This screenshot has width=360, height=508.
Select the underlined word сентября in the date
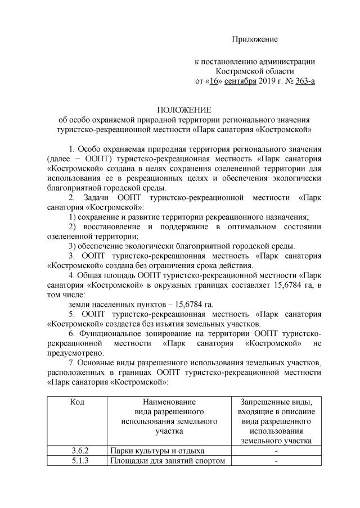tap(241, 81)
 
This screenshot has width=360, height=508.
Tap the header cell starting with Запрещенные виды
tap(276, 421)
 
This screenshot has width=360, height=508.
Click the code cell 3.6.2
tap(81, 451)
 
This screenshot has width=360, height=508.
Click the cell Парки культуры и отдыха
tap(157, 451)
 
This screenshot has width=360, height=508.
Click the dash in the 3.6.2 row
tap(276, 451)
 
